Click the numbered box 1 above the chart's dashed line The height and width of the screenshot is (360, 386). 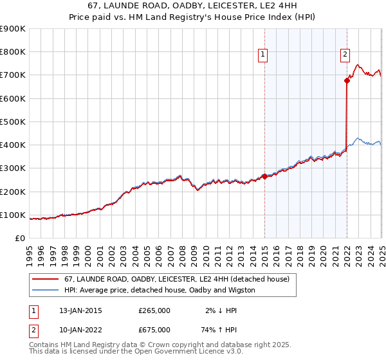(x=264, y=55)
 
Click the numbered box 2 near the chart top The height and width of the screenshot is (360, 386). (x=345, y=55)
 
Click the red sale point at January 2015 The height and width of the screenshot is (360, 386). (x=264, y=176)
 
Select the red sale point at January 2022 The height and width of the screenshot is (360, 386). (x=347, y=80)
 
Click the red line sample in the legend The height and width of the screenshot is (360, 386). (x=45, y=280)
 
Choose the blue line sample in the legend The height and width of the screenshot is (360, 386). (x=45, y=290)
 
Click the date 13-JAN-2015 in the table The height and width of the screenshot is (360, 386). (x=78, y=310)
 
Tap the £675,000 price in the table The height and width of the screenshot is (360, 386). (x=154, y=330)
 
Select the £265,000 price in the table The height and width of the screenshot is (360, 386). (x=154, y=310)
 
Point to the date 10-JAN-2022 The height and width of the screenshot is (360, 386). (x=78, y=330)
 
